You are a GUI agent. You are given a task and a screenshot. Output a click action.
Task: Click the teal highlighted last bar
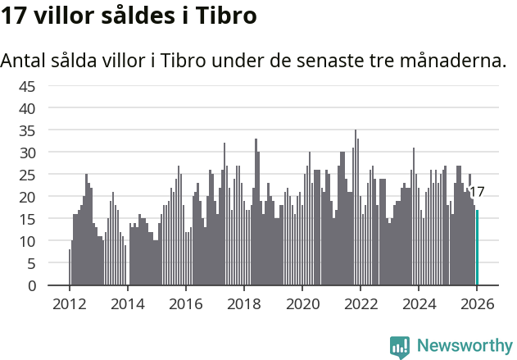tap(477, 248)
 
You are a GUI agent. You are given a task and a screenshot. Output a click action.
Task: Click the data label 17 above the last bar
tap(476, 192)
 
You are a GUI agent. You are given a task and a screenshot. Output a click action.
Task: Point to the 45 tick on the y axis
tap(27, 86)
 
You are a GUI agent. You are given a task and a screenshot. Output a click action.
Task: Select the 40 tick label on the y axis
tap(27, 108)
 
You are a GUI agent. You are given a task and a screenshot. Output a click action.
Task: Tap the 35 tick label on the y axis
tap(27, 130)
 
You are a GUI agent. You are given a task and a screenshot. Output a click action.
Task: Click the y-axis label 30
tap(27, 153)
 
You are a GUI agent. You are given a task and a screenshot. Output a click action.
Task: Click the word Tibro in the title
tap(225, 16)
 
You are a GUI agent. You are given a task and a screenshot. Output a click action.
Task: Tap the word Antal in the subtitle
tap(24, 61)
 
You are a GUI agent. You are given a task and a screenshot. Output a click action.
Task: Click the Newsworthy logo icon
tap(400, 347)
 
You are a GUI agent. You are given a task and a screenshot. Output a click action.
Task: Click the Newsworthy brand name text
tap(464, 346)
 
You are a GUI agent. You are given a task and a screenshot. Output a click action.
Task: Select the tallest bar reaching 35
tap(356, 207)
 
